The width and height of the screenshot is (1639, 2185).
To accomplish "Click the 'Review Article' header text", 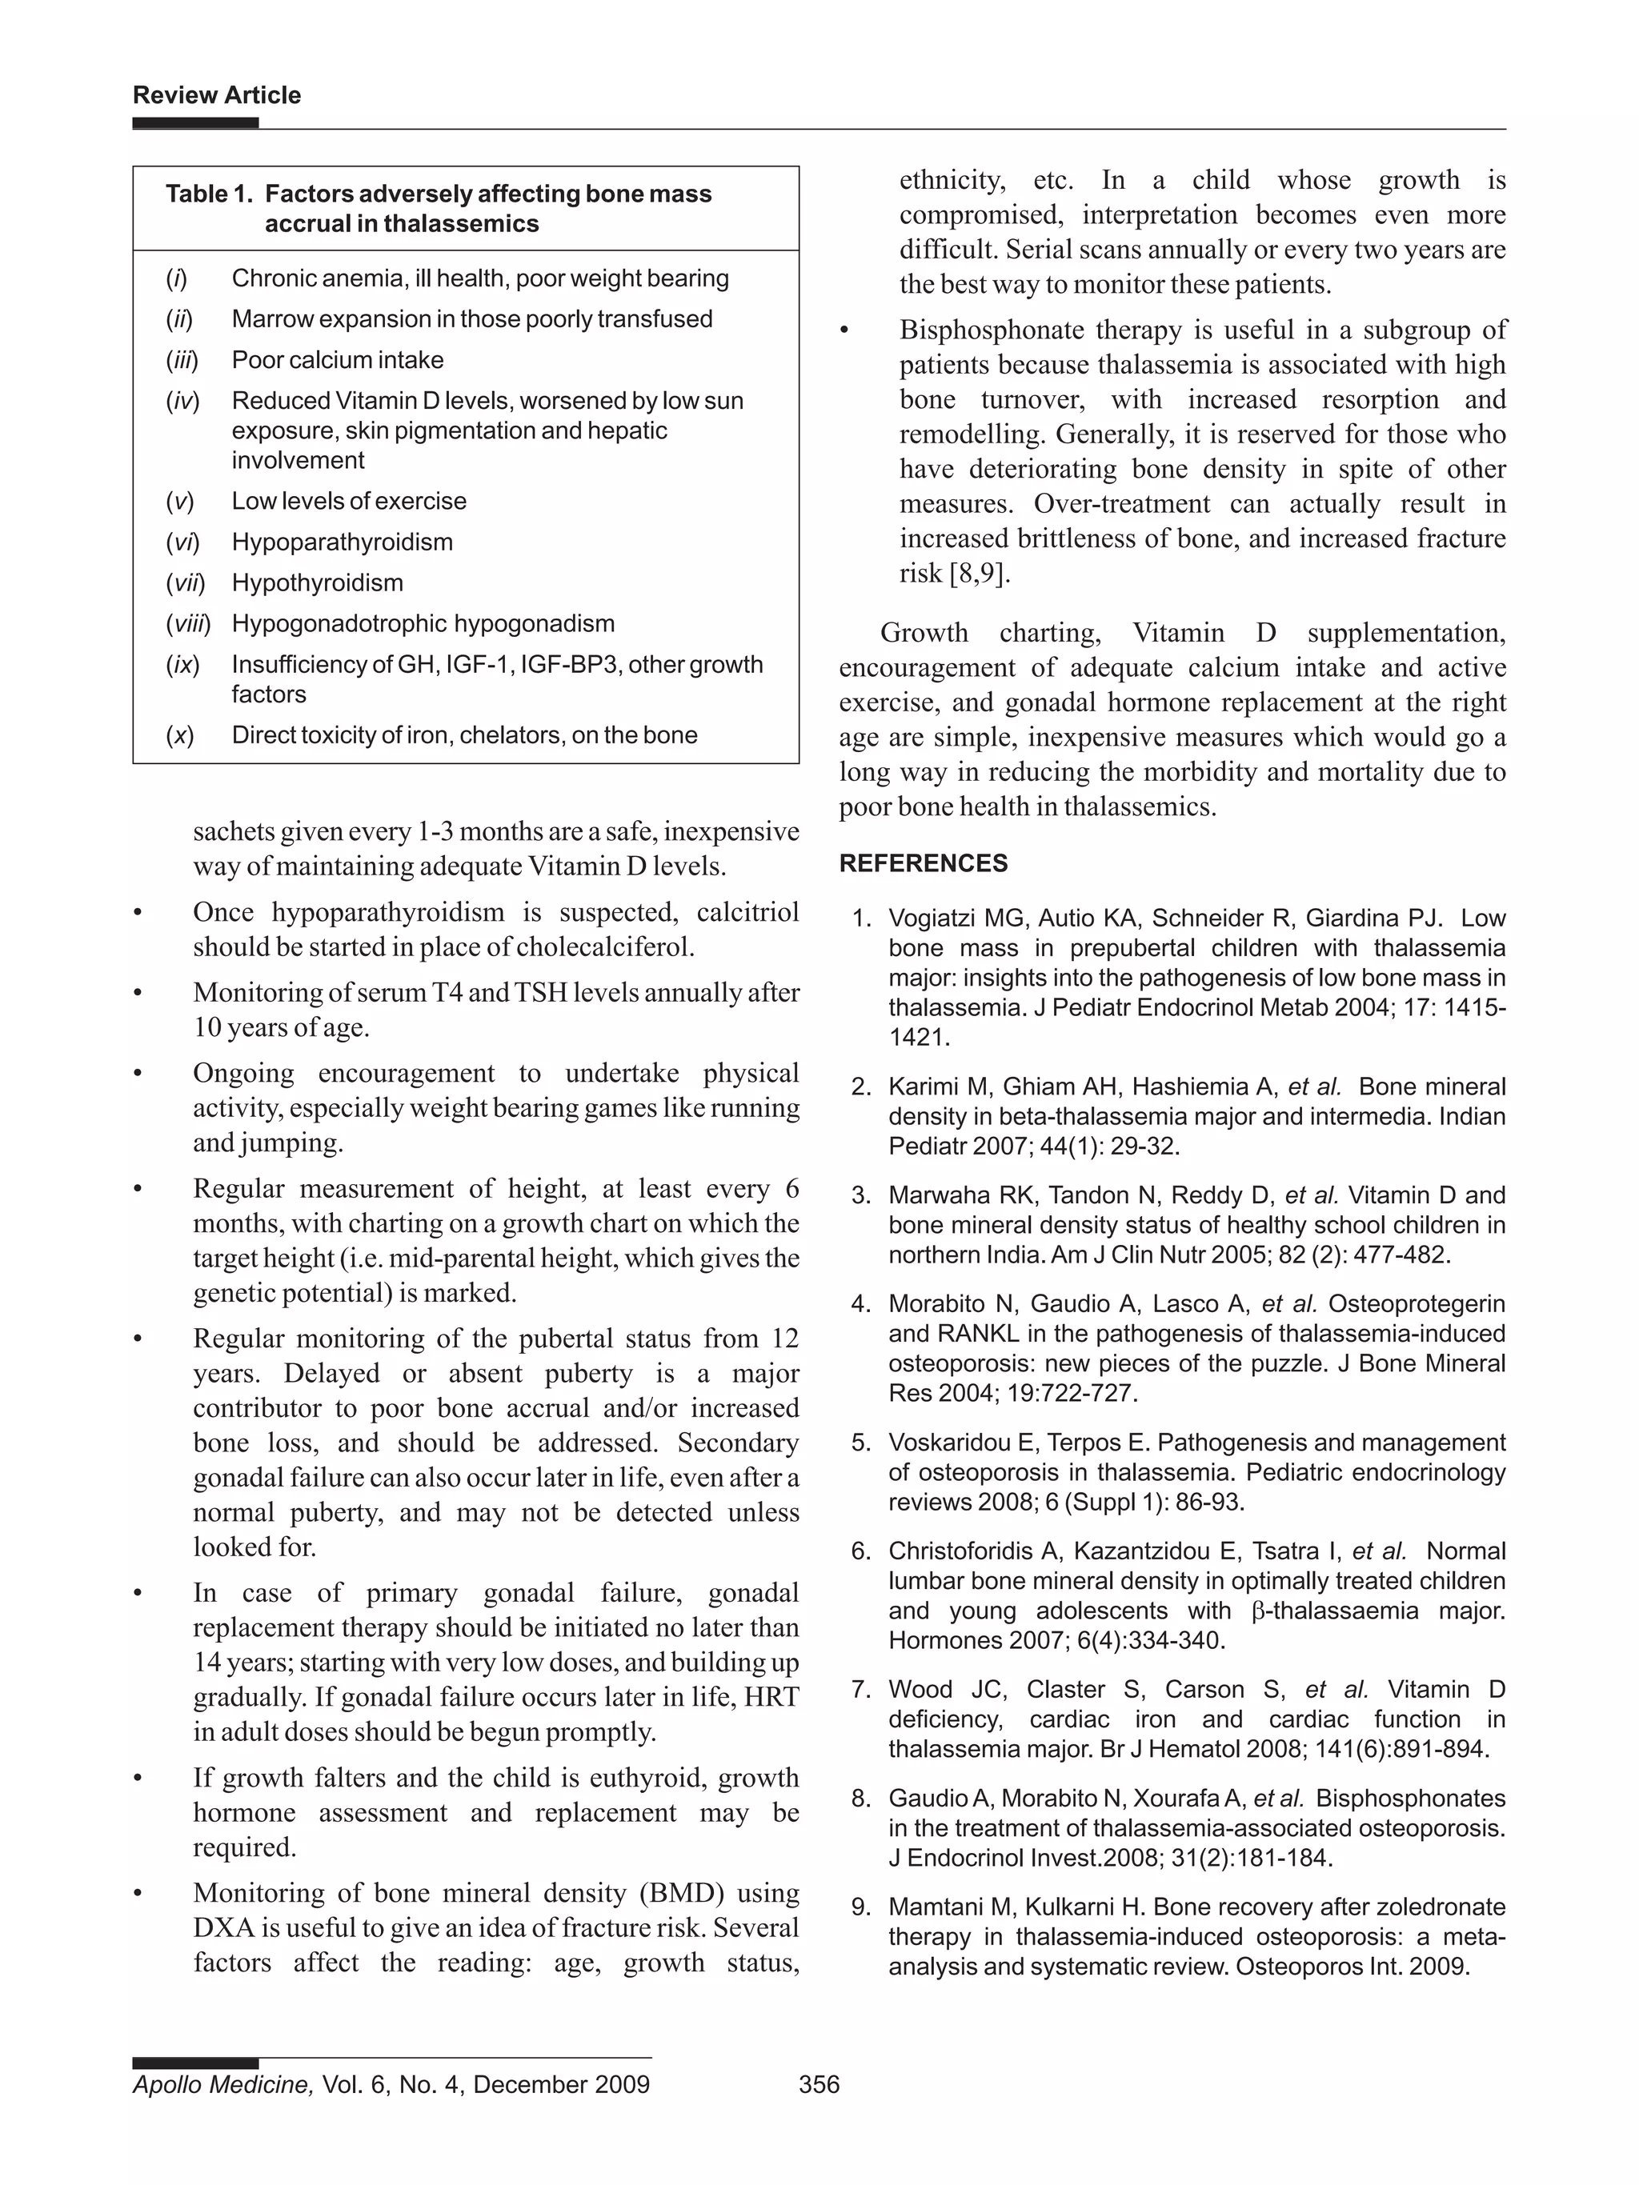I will [216, 95].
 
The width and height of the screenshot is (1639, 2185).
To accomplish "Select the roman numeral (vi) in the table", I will [182, 542].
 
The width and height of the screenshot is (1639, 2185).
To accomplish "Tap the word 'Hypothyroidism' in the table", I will [317, 582].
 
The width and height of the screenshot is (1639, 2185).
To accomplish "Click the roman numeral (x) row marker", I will [180, 735].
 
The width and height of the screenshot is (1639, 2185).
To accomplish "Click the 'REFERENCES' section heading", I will [923, 863].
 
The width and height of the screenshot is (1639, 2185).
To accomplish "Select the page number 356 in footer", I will [818, 2084].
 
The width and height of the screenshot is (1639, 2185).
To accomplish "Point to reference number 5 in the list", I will [860, 1443].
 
